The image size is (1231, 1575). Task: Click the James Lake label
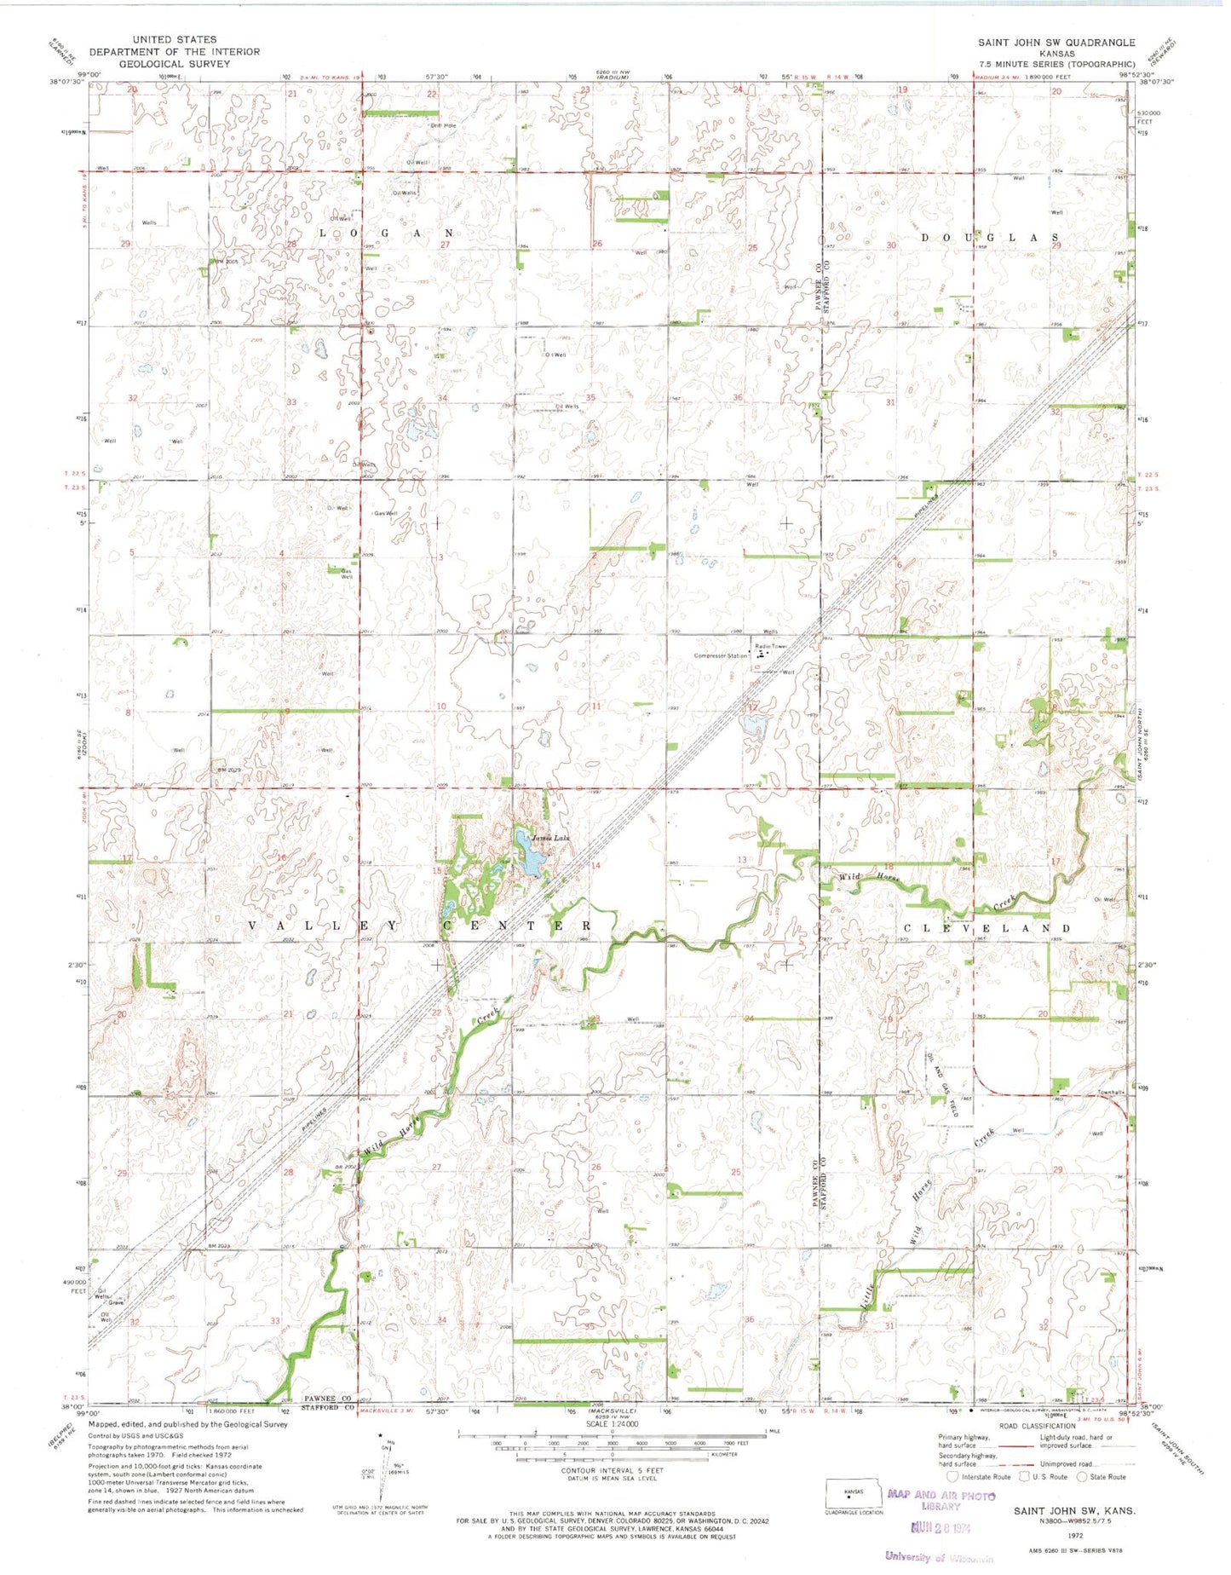(549, 838)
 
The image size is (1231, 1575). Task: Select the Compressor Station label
(721, 655)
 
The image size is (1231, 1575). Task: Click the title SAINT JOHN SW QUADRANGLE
(1056, 42)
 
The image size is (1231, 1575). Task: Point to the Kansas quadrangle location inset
(853, 1492)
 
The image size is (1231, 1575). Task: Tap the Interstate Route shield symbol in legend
(952, 1477)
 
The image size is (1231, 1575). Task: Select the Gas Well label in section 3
(386, 514)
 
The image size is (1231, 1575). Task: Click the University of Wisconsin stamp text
(939, 1557)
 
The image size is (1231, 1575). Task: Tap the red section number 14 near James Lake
(596, 865)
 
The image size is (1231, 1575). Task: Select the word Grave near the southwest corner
(117, 1303)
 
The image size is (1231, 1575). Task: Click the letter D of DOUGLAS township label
(927, 238)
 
